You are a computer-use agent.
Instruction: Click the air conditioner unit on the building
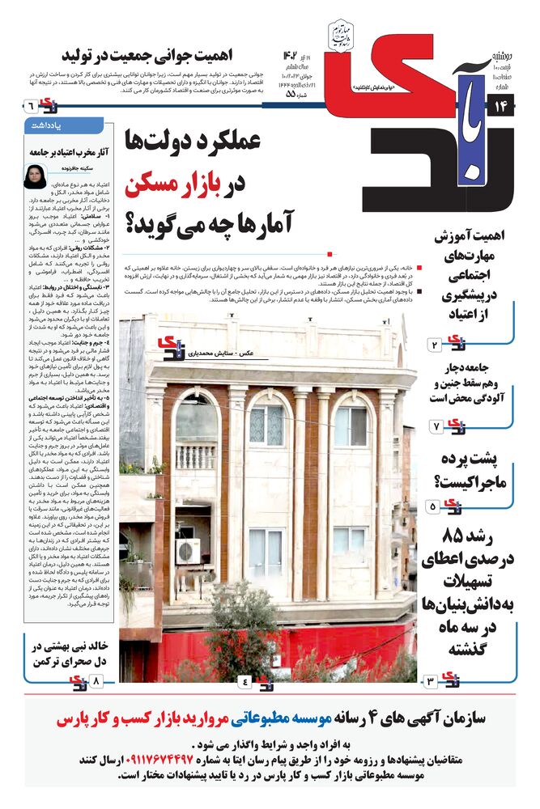(x=188, y=551)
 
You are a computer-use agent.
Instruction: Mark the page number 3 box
(x=431, y=682)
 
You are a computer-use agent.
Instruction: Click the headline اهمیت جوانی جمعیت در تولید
(x=171, y=56)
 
